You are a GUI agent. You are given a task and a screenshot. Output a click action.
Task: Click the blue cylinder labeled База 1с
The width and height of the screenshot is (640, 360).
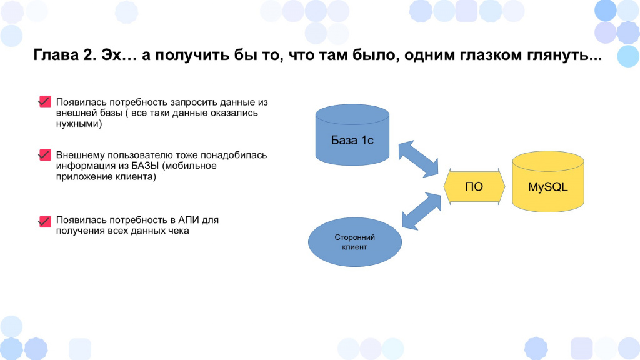pyautogui.click(x=352, y=135)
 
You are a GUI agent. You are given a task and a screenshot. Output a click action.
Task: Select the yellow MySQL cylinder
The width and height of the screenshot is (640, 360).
pyautogui.click(x=547, y=182)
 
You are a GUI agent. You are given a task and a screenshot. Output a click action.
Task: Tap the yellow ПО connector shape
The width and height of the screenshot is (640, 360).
pyautogui.click(x=474, y=186)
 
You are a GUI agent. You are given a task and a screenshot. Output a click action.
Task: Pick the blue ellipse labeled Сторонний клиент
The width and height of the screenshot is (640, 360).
pyautogui.click(x=355, y=242)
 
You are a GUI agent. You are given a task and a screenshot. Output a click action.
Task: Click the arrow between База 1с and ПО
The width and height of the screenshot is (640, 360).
pyautogui.click(x=418, y=159)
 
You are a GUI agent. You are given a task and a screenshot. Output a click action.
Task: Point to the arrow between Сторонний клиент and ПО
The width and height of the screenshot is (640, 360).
pyautogui.click(x=422, y=211)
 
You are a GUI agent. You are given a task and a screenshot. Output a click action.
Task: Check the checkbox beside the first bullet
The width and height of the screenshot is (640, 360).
pyautogui.click(x=45, y=101)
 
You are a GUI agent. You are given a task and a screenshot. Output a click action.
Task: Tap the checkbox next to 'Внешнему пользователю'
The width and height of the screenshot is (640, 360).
pyautogui.click(x=45, y=155)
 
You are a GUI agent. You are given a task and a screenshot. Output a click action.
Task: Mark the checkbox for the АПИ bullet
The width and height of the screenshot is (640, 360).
pyautogui.click(x=45, y=221)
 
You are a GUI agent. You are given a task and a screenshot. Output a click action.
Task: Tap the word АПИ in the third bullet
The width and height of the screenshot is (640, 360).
pyautogui.click(x=189, y=220)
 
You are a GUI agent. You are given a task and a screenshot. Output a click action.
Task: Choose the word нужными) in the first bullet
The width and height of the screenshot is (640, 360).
pyautogui.click(x=79, y=124)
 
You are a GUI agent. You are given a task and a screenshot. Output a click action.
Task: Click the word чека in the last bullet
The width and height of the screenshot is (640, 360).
pyautogui.click(x=179, y=231)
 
